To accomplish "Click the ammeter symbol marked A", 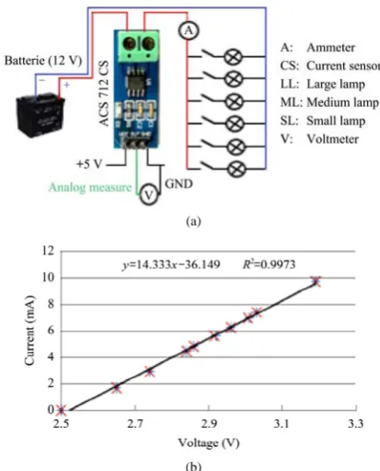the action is (189, 30).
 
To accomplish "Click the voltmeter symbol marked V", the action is (149, 194).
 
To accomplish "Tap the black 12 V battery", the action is (40, 114).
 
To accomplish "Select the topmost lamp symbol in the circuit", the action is (233, 57).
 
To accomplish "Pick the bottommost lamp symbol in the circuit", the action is (236, 169).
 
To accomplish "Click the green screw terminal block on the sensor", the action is (136, 45).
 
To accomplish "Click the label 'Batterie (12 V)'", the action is (43, 61).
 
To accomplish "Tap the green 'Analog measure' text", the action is (90, 187).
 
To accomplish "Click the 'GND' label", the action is (178, 183).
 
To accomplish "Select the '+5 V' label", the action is (89, 164).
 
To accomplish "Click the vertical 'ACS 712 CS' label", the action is (104, 93).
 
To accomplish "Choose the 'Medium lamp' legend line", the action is (329, 102).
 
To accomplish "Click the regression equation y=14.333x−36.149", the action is (171, 265).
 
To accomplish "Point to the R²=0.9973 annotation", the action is (269, 264).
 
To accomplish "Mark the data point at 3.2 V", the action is (316, 281).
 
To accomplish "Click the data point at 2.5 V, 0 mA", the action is (62, 410).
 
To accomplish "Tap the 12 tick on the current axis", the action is (48, 251).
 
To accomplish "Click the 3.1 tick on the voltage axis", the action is (282, 424).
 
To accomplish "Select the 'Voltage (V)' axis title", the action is (209, 442).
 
